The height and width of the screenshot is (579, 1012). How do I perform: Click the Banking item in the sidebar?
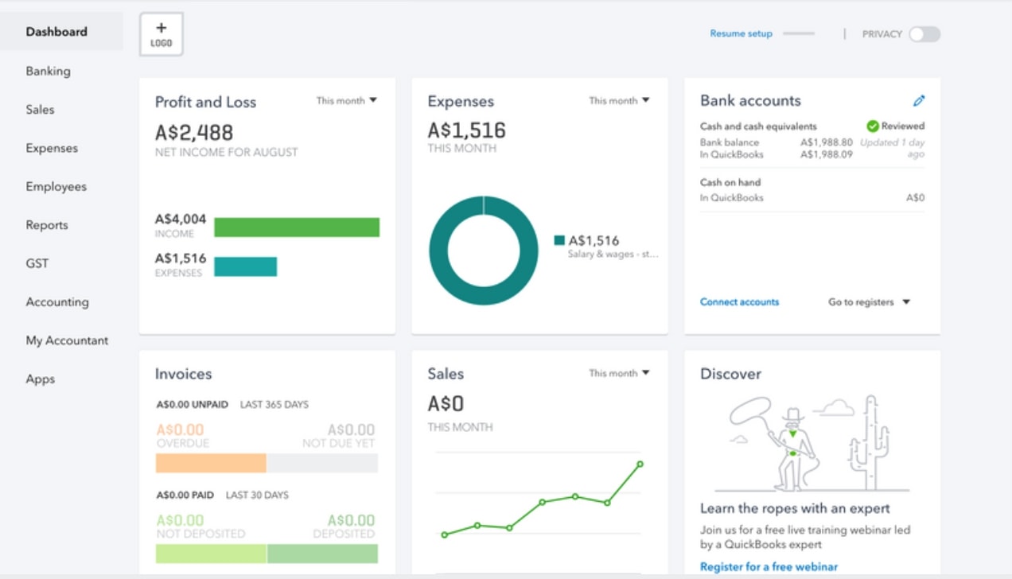pyautogui.click(x=48, y=72)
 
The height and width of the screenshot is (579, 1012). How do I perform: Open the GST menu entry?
pyautogui.click(x=37, y=263)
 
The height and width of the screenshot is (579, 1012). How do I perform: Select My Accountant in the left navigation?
pyautogui.click(x=67, y=340)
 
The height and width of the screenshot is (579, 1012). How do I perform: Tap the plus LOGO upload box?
pyautogui.click(x=162, y=34)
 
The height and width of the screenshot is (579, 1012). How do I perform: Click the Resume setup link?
pyautogui.click(x=741, y=33)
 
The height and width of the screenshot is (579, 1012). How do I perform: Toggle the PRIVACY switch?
pyautogui.click(x=924, y=34)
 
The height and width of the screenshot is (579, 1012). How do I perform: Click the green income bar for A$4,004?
pyautogui.click(x=297, y=227)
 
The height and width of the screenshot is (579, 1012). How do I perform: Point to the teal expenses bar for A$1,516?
pyautogui.click(x=245, y=266)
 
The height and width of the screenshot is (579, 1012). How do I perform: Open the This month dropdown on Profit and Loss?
pyautogui.click(x=347, y=101)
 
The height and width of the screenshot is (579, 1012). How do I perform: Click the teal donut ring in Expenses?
pyautogui.click(x=438, y=251)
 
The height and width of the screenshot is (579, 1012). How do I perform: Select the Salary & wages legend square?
pyautogui.click(x=559, y=240)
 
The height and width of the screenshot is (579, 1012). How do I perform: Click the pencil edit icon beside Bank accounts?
pyautogui.click(x=918, y=101)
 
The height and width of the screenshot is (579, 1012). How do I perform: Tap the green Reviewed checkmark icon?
pyautogui.click(x=873, y=126)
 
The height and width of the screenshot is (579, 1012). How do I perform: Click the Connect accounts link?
pyautogui.click(x=739, y=301)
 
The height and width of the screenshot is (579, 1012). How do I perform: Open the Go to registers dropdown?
pyautogui.click(x=869, y=301)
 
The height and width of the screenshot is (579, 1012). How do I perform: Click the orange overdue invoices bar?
pyautogui.click(x=211, y=464)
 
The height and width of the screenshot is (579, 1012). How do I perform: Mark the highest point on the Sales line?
pyautogui.click(x=640, y=464)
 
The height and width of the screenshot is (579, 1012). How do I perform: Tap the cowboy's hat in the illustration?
pyautogui.click(x=793, y=414)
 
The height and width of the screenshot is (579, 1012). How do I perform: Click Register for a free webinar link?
pyautogui.click(x=769, y=566)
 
